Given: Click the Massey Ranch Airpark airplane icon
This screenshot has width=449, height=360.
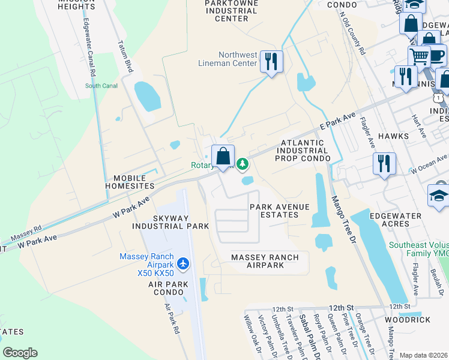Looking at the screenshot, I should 184,264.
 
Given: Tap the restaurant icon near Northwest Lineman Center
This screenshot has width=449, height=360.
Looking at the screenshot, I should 271,61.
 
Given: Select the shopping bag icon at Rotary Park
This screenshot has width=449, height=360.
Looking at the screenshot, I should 223,157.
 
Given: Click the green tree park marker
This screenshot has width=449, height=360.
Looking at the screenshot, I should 242,163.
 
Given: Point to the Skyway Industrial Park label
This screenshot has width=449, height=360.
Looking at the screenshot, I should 173,221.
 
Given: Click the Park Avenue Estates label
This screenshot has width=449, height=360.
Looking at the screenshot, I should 280,211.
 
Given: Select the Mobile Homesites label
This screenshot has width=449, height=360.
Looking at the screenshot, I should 130,182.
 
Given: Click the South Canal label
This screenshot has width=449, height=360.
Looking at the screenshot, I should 101,86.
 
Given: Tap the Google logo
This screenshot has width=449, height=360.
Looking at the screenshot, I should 20,353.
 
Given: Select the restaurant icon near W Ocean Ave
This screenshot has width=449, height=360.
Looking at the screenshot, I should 384,163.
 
